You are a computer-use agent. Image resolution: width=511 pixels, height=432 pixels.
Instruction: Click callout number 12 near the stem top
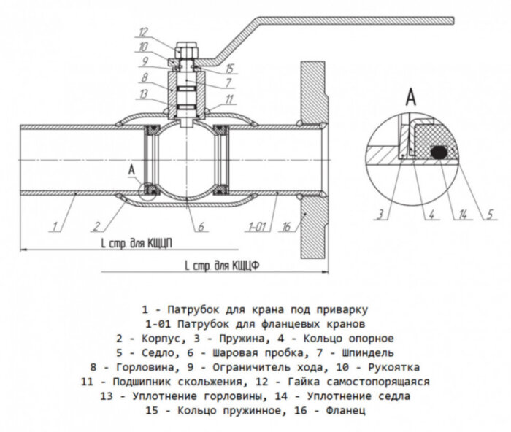point(143,31)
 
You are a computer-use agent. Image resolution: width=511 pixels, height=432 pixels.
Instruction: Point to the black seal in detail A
point(439,153)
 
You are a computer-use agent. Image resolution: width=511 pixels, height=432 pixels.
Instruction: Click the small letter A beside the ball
point(131,169)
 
